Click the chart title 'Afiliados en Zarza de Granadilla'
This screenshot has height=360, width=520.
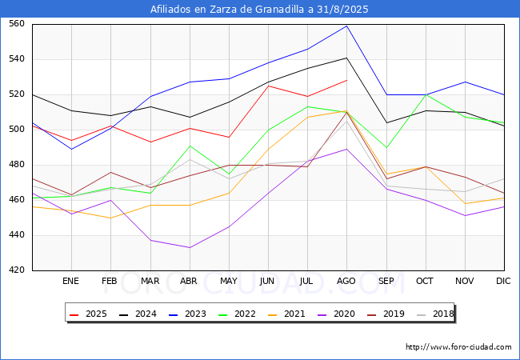[260, 10]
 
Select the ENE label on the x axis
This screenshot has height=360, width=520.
[71, 282]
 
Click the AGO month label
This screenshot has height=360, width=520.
[346, 282]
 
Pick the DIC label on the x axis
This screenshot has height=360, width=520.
[503, 282]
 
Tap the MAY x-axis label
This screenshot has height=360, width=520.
[229, 282]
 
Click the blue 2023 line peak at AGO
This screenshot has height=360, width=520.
[346, 26]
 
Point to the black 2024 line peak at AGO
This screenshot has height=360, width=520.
[346, 58]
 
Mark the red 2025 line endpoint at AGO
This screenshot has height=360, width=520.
[346, 80]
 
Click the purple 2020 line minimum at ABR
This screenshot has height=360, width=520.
[190, 247]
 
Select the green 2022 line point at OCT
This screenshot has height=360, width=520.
[425, 94]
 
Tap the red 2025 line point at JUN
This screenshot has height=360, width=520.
[268, 86]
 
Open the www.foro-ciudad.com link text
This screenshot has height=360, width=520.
[458, 347]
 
